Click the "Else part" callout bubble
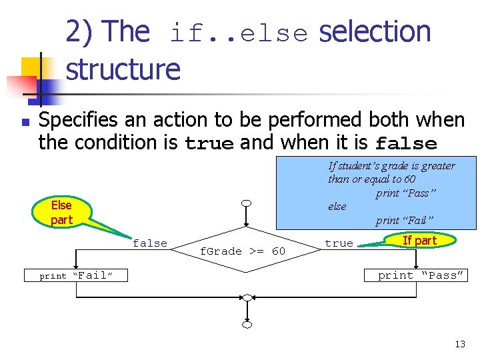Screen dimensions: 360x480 click(61, 212)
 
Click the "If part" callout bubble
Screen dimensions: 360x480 click(419, 241)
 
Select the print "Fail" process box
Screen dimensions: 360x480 click(75, 275)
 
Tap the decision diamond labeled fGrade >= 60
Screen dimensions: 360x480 click(243, 250)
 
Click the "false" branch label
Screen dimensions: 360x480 click(150, 243)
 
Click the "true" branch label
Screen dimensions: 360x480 click(339, 243)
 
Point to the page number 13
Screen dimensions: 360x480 click(460, 344)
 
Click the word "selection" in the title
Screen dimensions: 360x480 click(375, 32)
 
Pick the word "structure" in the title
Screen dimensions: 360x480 click(123, 69)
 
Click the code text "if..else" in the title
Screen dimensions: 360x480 click(239, 34)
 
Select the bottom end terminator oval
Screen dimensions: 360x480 click(247, 325)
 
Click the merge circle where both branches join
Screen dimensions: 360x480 click(247, 297)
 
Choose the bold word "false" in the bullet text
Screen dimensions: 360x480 click(407, 143)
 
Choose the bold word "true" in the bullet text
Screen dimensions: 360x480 click(209, 143)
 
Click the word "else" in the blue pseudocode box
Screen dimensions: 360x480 click(337, 207)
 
